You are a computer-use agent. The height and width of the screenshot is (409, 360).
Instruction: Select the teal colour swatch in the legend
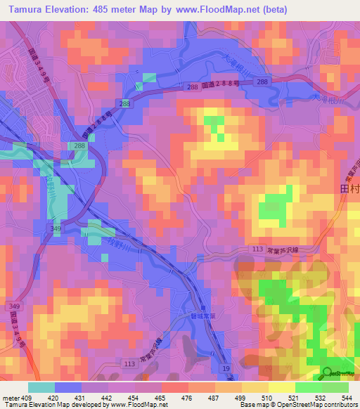(x=41, y=387)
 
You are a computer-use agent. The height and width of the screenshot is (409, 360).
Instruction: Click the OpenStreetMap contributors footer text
(x=317, y=405)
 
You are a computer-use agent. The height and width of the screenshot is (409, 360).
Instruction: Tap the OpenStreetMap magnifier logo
(x=327, y=373)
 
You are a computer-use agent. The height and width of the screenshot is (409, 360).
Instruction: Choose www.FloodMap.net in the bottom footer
(x=134, y=405)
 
